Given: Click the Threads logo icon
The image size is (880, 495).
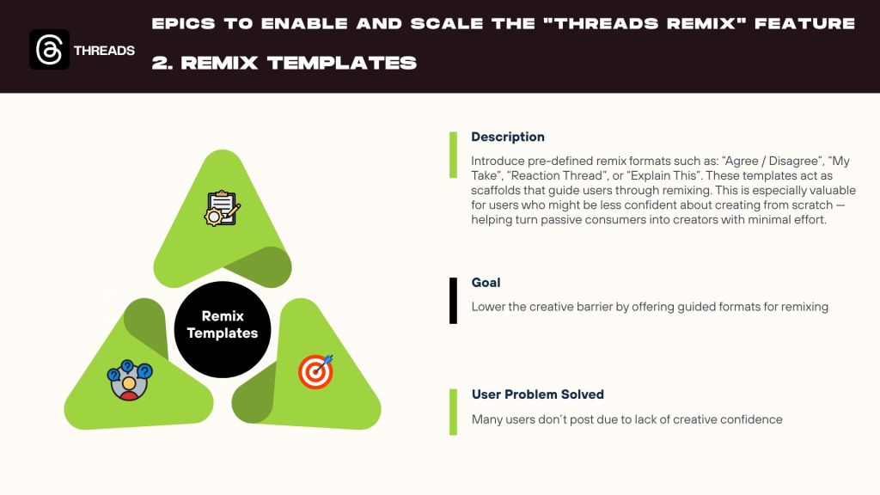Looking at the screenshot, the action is (49, 49).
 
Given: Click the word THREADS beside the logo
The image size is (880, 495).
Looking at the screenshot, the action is (104, 51).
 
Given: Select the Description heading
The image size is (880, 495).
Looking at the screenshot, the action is (507, 137).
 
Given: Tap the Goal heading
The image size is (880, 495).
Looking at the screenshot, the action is (486, 282).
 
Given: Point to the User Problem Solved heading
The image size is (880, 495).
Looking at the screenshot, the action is (538, 394).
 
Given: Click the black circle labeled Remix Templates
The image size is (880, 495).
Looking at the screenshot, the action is (223, 329).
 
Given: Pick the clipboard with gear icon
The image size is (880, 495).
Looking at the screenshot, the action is (223, 208).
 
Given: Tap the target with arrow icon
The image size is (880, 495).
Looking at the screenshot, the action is (315, 371).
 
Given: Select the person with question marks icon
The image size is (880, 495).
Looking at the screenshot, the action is (130, 381).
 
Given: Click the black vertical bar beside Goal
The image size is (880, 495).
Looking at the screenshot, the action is (453, 300).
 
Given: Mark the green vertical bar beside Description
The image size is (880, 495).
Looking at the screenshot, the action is (453, 155).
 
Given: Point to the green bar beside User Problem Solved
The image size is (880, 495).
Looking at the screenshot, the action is (453, 412).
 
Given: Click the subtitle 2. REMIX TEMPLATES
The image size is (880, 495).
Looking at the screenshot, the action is (284, 63).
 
